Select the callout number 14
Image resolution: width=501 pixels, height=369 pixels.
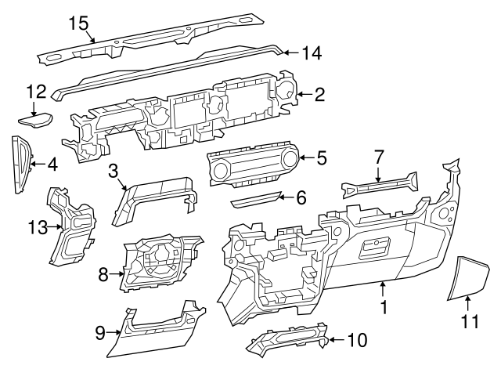coord(312,53)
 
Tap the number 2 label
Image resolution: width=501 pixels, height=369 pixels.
coord(319,95)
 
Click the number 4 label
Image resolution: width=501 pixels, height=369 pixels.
coord(52,165)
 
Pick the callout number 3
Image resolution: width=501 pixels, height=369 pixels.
coord(114,170)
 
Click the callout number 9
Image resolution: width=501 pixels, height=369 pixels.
coord(100,333)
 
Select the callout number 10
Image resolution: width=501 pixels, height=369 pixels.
coord(357,340)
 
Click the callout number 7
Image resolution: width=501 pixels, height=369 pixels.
coord(378,157)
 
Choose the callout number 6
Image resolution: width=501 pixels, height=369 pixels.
coord(301,197)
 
